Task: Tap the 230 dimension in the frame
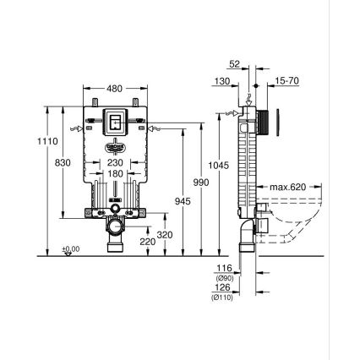(115, 163)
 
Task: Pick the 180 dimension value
(115, 174)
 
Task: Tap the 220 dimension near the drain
(146, 243)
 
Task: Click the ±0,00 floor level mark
(72, 249)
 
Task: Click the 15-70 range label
(286, 81)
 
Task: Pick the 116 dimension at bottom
(223, 269)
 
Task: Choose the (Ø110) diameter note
(223, 296)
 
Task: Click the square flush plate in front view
(116, 123)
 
